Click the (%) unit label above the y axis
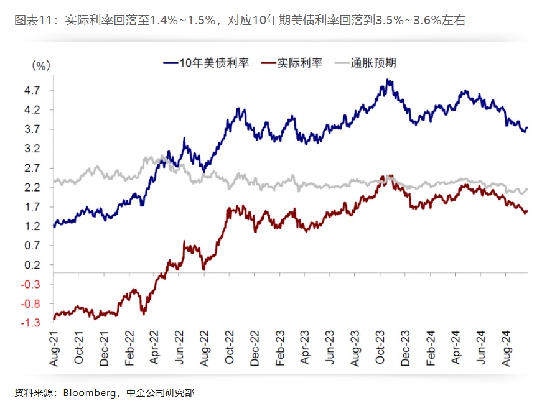point(40,64)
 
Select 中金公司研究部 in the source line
point(160,393)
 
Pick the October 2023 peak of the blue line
point(388,80)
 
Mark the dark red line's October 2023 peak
point(390,176)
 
